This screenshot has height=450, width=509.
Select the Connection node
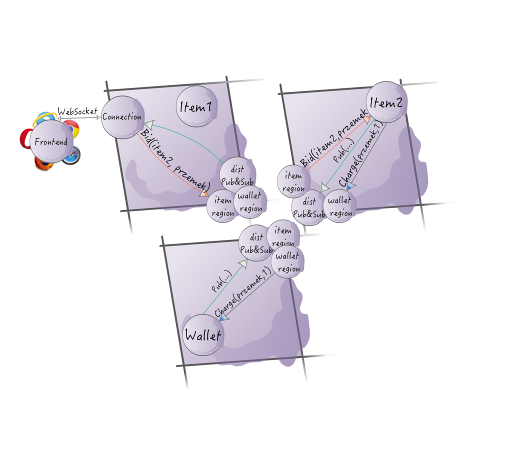coord(121,117)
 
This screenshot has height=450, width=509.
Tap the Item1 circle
coord(195,106)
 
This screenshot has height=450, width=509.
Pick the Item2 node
coord(386,102)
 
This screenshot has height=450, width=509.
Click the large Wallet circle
coord(202,335)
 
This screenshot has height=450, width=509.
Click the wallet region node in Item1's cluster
coord(250,202)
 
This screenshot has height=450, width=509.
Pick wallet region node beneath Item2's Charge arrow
coord(340,206)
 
